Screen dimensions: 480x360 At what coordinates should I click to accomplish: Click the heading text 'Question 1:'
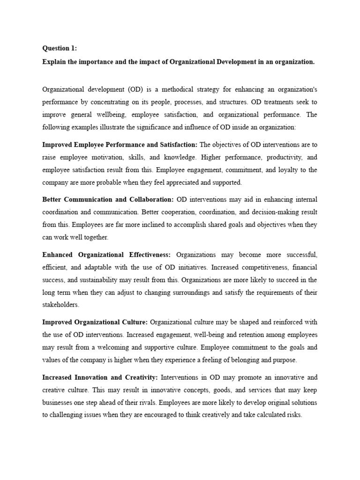click(60, 48)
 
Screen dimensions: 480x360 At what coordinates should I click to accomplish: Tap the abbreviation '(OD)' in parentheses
click(134, 89)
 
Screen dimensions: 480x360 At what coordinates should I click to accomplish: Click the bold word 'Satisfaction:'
click(174, 144)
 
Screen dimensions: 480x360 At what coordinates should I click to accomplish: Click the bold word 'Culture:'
click(134, 322)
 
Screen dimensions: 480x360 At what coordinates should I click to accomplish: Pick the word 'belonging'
click(243, 360)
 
